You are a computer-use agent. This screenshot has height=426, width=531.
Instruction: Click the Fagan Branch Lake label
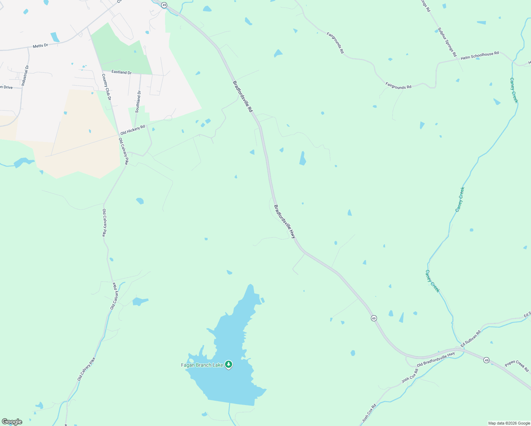202,365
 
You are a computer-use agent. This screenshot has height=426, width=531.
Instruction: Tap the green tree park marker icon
229,364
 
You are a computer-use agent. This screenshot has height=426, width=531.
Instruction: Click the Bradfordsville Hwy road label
285,221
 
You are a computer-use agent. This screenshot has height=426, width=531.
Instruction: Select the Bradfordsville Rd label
242,97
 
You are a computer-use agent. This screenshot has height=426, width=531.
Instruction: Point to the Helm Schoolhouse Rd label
480,56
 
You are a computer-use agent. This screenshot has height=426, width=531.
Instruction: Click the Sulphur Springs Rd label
447,42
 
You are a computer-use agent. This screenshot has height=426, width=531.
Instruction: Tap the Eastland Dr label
121,72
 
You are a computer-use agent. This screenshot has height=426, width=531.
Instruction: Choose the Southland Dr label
138,102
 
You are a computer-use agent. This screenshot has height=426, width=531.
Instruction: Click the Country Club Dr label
106,87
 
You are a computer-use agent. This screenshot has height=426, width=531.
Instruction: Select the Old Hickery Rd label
133,130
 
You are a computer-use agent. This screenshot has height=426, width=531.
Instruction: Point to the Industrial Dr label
25,75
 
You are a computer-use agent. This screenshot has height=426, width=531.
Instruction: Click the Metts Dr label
40,46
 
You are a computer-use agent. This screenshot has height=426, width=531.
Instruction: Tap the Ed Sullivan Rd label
470,339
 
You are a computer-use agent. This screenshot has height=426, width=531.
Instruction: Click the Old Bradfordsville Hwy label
436,360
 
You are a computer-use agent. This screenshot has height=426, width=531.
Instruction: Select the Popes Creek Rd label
517,366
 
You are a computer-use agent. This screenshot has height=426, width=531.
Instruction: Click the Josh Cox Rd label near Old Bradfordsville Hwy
410,376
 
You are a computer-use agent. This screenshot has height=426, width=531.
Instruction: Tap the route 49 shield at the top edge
164,5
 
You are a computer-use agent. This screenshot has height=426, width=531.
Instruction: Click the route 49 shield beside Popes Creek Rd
486,360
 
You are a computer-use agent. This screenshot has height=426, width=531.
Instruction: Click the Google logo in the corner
12,422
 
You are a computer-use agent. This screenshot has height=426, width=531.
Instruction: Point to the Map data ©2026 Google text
509,423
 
